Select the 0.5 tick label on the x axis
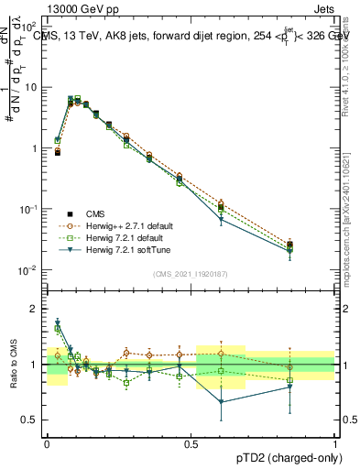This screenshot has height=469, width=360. (x=191, y=442)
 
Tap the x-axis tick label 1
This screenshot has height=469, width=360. (x=335, y=442)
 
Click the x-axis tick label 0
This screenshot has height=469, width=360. (x=47, y=442)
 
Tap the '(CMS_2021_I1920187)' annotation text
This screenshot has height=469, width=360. (x=191, y=272)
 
